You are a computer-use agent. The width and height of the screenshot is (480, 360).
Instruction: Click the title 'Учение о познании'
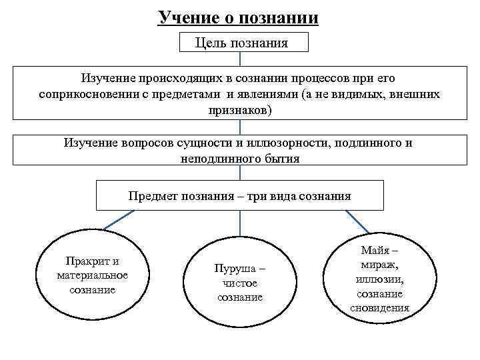tap(238, 17)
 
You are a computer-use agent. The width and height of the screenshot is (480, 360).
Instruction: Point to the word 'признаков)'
tap(240, 109)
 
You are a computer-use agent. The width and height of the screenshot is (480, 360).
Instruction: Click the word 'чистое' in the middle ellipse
tap(239, 283)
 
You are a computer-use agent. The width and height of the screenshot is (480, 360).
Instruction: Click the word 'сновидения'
tap(379, 308)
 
